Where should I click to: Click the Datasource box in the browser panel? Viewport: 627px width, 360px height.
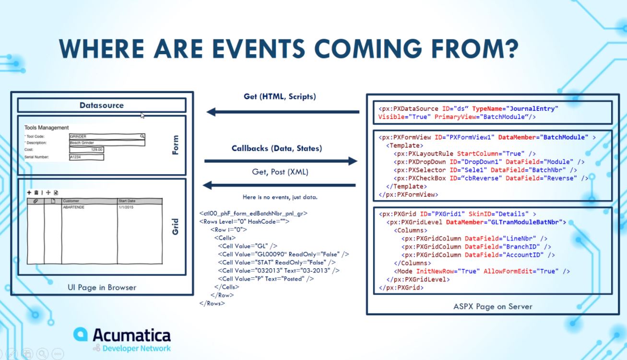[x=101, y=105]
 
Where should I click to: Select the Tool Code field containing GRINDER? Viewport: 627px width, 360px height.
[x=106, y=137]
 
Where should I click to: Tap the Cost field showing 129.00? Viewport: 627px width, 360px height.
[x=86, y=150]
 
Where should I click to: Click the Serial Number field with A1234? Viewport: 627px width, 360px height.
[x=86, y=157]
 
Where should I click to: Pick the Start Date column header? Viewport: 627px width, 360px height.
[x=140, y=201]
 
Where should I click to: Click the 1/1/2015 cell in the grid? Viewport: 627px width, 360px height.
[x=140, y=207]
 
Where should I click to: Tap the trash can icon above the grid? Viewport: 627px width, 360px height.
[x=36, y=192]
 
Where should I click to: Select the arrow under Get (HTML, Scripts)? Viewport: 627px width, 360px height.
[x=283, y=112]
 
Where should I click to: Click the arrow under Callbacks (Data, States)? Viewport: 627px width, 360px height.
[x=281, y=161]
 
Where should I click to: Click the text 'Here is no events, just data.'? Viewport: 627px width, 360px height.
[x=280, y=197]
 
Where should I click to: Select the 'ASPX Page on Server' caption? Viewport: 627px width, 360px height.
[x=493, y=306]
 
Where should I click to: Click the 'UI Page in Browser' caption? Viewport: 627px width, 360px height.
[x=102, y=288]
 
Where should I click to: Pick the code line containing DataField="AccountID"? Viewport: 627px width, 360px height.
[x=478, y=255]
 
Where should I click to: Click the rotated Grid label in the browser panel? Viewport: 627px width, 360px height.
[x=175, y=227]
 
